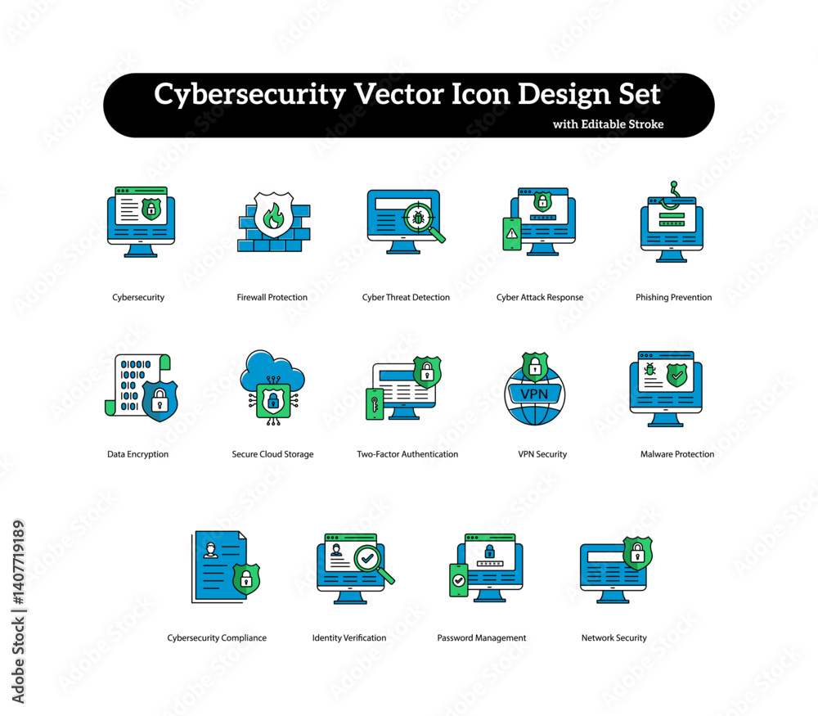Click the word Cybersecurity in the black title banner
click(249, 94)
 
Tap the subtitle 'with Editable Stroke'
click(609, 124)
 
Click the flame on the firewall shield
click(273, 215)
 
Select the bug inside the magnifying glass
click(418, 218)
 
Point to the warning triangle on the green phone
click(512, 232)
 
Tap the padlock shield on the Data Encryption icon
click(160, 401)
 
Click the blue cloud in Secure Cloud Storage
click(272, 372)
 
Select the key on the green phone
click(375, 404)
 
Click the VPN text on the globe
click(535, 394)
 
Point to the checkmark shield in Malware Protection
click(677, 375)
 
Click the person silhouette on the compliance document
click(211, 550)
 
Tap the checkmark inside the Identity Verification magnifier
click(368, 558)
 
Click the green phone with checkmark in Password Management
click(459, 580)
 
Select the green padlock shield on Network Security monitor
click(637, 553)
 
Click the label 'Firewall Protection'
click(272, 298)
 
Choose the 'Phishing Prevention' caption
click(673, 298)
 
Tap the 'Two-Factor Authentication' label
click(407, 454)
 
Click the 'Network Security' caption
click(614, 637)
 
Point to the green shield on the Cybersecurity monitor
click(151, 209)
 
